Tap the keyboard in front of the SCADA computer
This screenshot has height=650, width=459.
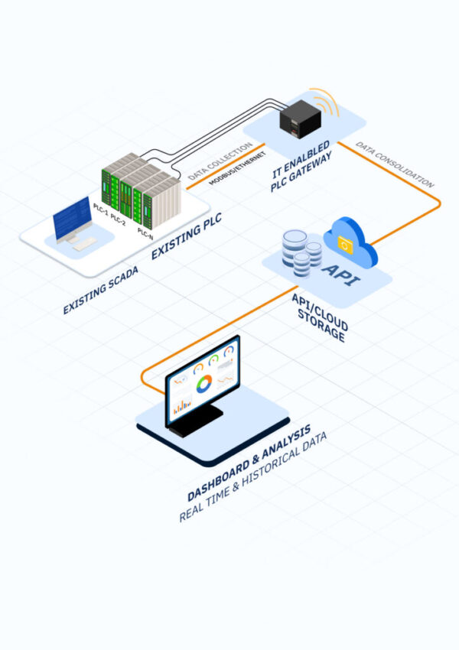(x=83, y=244)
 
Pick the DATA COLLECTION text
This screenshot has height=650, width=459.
(x=220, y=161)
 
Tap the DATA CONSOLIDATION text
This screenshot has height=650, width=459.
(x=395, y=164)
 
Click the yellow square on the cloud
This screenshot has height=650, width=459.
(x=346, y=246)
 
